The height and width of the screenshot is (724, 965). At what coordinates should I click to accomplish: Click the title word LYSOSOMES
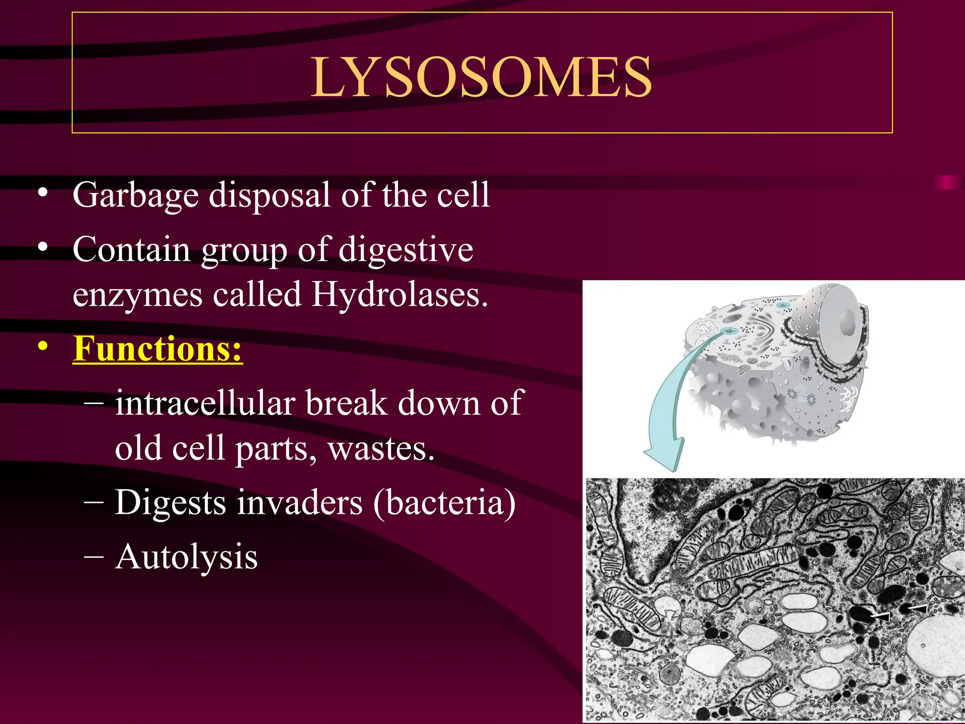pos(482,77)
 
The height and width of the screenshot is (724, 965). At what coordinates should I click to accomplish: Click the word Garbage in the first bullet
pos(136,195)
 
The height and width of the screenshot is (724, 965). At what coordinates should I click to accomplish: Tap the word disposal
pos(269,195)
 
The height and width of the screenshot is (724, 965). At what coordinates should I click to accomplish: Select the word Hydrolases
pos(400,295)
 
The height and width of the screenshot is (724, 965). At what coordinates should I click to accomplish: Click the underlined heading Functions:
pos(158,349)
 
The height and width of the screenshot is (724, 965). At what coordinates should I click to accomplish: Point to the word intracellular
pos(205,403)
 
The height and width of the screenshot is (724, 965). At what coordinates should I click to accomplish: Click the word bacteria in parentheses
pos(445,502)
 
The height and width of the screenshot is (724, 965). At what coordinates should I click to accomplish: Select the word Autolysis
pos(186,557)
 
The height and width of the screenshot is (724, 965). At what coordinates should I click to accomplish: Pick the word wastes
pos(381,448)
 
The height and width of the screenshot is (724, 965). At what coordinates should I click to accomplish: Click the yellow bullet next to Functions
pos(43,347)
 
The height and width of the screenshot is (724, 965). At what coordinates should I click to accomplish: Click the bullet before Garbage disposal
pos(43,192)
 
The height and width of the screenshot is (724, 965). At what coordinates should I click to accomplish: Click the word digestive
pos(406,249)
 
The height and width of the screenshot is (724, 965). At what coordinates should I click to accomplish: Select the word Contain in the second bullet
pos(131,249)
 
